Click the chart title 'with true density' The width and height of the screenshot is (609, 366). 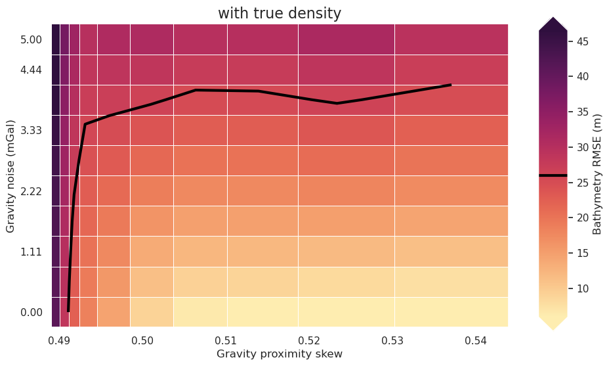[x=280, y=13]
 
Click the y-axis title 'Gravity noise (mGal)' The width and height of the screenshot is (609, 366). [x=10, y=175]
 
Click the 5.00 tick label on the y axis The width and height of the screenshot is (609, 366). [x=31, y=39]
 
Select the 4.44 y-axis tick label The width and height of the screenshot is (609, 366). [x=31, y=70]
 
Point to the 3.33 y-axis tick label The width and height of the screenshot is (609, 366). [x=31, y=131]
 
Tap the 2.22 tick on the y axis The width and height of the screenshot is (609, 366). [x=31, y=191]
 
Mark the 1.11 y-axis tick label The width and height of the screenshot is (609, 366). [x=31, y=252]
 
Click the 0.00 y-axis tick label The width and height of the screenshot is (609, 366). [x=31, y=312]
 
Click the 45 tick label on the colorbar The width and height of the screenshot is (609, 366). [x=583, y=41]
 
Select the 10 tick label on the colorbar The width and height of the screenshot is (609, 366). [x=583, y=288]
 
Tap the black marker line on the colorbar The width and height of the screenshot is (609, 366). [x=553, y=175]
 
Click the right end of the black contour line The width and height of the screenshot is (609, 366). [x=450, y=85]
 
